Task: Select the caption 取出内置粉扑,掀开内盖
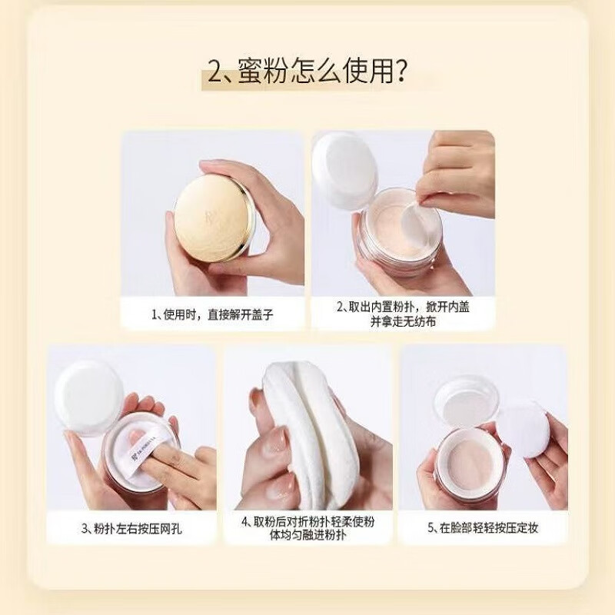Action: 403,306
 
